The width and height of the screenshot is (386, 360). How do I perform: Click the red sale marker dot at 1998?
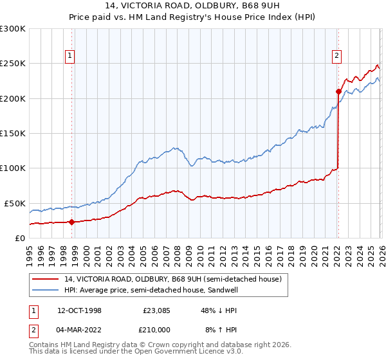pyautogui.click(x=71, y=222)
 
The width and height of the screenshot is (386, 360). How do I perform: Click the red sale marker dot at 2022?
pyautogui.click(x=338, y=91)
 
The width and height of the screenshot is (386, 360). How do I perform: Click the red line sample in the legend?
pyautogui.click(x=47, y=279)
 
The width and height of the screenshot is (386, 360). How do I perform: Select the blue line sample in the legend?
pyautogui.click(x=47, y=290)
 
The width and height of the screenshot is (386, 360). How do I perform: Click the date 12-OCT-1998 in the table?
pyautogui.click(x=78, y=310)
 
